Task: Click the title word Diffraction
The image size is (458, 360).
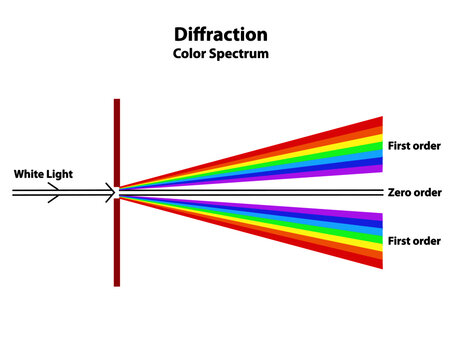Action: (220, 35)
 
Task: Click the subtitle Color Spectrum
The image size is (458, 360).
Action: (220, 53)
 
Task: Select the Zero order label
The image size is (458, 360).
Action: (413, 192)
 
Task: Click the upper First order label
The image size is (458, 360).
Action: (414, 146)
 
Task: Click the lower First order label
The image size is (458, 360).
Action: (414, 241)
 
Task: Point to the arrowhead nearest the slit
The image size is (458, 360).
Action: (108, 191)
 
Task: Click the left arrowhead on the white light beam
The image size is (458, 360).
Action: (51, 191)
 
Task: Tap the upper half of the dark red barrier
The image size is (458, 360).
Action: (117, 140)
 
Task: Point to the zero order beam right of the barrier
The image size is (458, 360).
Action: (250, 191)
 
